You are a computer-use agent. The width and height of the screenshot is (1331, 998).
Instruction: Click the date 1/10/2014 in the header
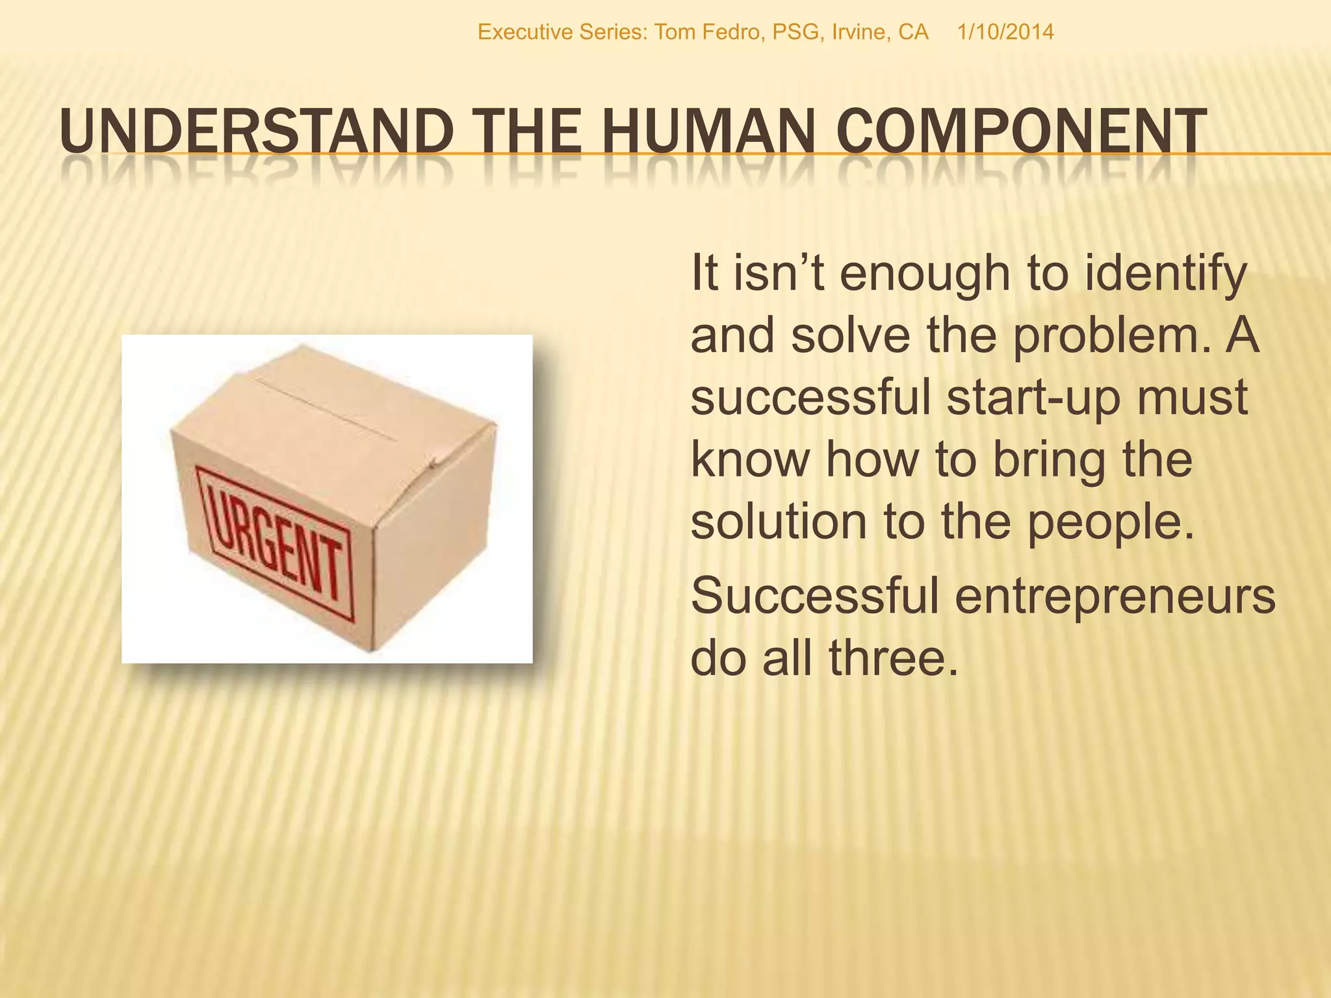[1005, 32]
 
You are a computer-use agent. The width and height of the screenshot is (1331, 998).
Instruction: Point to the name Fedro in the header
[734, 32]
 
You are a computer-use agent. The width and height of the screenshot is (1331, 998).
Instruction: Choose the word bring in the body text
[1048, 460]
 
